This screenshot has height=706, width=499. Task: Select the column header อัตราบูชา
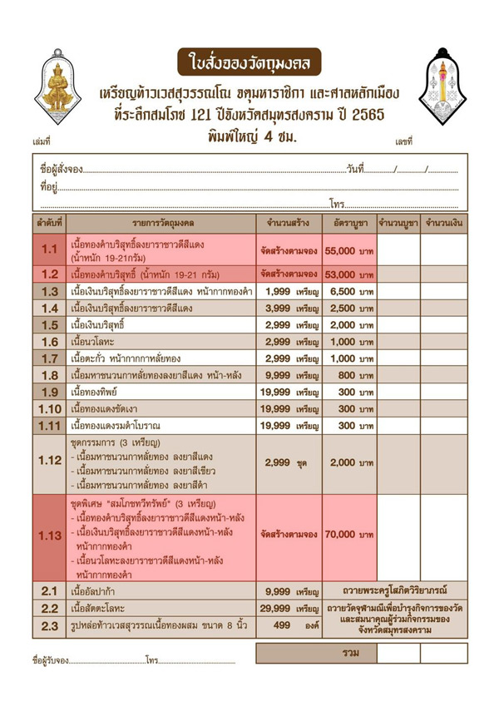click(349, 224)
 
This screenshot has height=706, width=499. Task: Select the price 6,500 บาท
click(349, 292)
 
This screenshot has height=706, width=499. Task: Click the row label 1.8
click(49, 375)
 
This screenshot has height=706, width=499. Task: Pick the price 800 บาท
click(349, 375)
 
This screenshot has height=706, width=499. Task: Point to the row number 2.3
click(49, 625)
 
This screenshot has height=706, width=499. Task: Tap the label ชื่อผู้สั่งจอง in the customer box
click(60, 170)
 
